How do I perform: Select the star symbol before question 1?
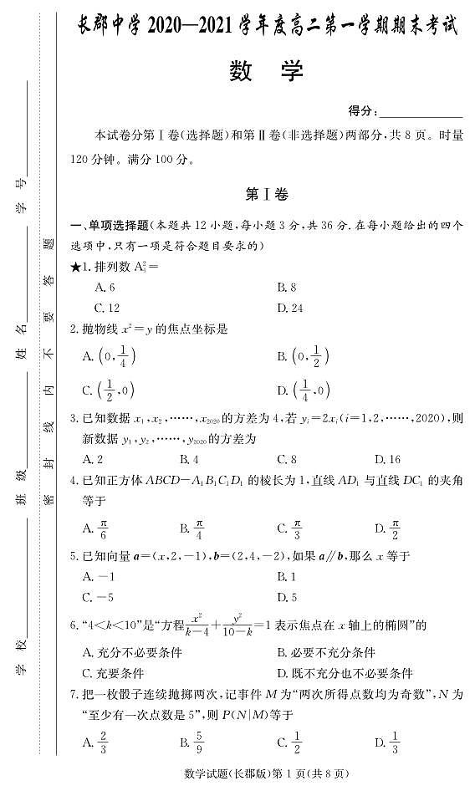point(76,268)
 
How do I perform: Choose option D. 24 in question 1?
point(289,307)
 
